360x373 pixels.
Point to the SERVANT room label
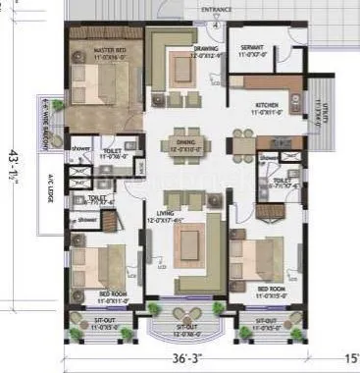point(253,49)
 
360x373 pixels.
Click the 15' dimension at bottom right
point(350,360)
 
